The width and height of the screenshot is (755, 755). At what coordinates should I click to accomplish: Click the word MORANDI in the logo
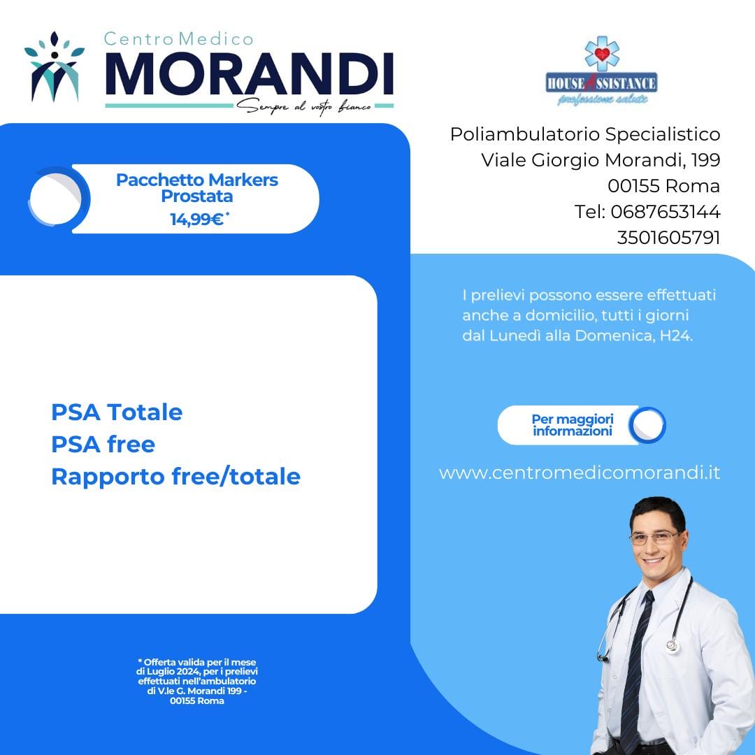click(x=250, y=75)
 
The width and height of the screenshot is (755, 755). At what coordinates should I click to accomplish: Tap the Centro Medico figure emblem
click(x=55, y=66)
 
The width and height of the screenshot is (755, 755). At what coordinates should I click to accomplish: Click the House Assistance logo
click(x=601, y=71)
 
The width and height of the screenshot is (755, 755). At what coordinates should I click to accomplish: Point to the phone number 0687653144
click(x=666, y=212)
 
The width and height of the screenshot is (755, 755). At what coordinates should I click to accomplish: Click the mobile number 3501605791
click(x=669, y=238)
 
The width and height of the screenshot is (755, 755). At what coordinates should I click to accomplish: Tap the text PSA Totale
click(x=117, y=412)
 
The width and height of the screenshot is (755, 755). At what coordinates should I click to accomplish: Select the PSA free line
click(x=103, y=444)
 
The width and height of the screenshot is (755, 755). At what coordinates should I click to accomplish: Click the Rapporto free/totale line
click(x=175, y=477)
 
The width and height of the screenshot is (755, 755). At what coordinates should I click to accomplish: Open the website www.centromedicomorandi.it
click(x=580, y=473)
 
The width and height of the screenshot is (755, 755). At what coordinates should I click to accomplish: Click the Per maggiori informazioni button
click(x=582, y=425)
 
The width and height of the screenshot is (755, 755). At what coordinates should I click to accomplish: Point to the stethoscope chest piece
click(x=673, y=645)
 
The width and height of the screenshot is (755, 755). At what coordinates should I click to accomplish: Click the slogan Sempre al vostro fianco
click(x=304, y=106)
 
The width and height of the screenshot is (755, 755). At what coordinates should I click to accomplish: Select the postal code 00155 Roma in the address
click(x=663, y=186)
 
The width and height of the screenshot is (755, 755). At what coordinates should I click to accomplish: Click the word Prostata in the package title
click(x=197, y=196)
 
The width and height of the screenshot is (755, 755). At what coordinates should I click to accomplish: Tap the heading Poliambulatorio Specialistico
click(x=585, y=134)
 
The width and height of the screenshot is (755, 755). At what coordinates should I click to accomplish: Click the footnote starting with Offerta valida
click(x=197, y=682)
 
